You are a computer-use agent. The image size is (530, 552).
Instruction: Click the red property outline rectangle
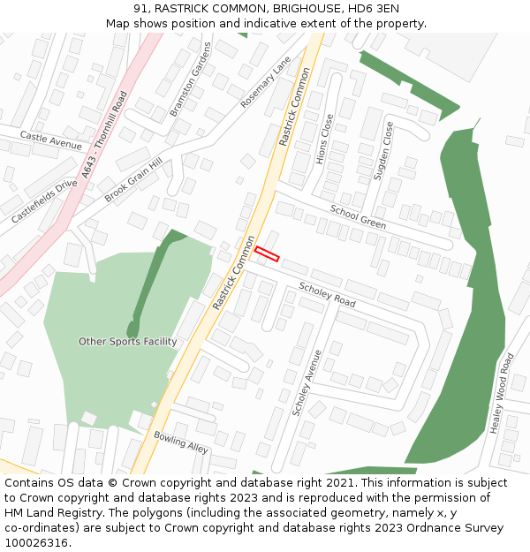(x=267, y=254)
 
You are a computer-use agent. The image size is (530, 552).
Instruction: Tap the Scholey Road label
(x=327, y=295)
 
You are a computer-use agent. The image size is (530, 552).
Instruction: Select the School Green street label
(x=358, y=216)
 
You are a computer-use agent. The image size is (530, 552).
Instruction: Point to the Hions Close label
(x=324, y=139)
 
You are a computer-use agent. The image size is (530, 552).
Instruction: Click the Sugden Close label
(x=383, y=151)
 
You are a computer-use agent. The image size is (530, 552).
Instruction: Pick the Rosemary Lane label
(x=266, y=82)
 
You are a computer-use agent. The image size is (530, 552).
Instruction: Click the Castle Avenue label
(x=50, y=140)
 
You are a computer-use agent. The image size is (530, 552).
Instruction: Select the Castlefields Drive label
(x=44, y=200)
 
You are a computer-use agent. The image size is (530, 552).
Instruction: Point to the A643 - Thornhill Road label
(x=104, y=135)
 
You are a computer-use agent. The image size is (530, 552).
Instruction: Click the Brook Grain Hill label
(x=133, y=181)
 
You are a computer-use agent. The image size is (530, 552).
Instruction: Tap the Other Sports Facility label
(x=127, y=342)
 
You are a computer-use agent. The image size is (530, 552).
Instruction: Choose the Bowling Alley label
(x=180, y=442)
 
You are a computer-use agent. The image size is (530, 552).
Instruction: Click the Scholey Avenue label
(x=307, y=382)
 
